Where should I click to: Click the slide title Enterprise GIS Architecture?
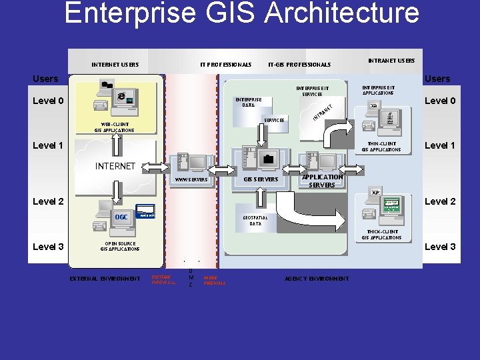[241, 13]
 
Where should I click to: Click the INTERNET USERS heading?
[115, 65]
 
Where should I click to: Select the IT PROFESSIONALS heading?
[226, 65]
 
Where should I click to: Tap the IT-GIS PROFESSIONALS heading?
[299, 65]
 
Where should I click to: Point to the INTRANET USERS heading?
[391, 61]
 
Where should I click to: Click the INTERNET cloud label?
[115, 165]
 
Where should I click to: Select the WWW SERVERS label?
[191, 179]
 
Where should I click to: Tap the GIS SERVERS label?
[261, 179]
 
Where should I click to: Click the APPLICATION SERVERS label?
[322, 181]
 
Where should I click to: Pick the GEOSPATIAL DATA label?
[255, 221]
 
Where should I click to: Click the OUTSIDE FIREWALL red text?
[164, 280]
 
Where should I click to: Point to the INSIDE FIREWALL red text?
[215, 280]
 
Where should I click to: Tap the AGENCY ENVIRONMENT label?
[316, 279]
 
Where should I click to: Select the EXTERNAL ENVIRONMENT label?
[105, 279]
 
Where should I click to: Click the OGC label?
[121, 217]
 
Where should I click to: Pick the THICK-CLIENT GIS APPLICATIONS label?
[381, 235]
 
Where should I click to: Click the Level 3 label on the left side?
[48, 247]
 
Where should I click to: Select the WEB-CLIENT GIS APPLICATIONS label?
[115, 127]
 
